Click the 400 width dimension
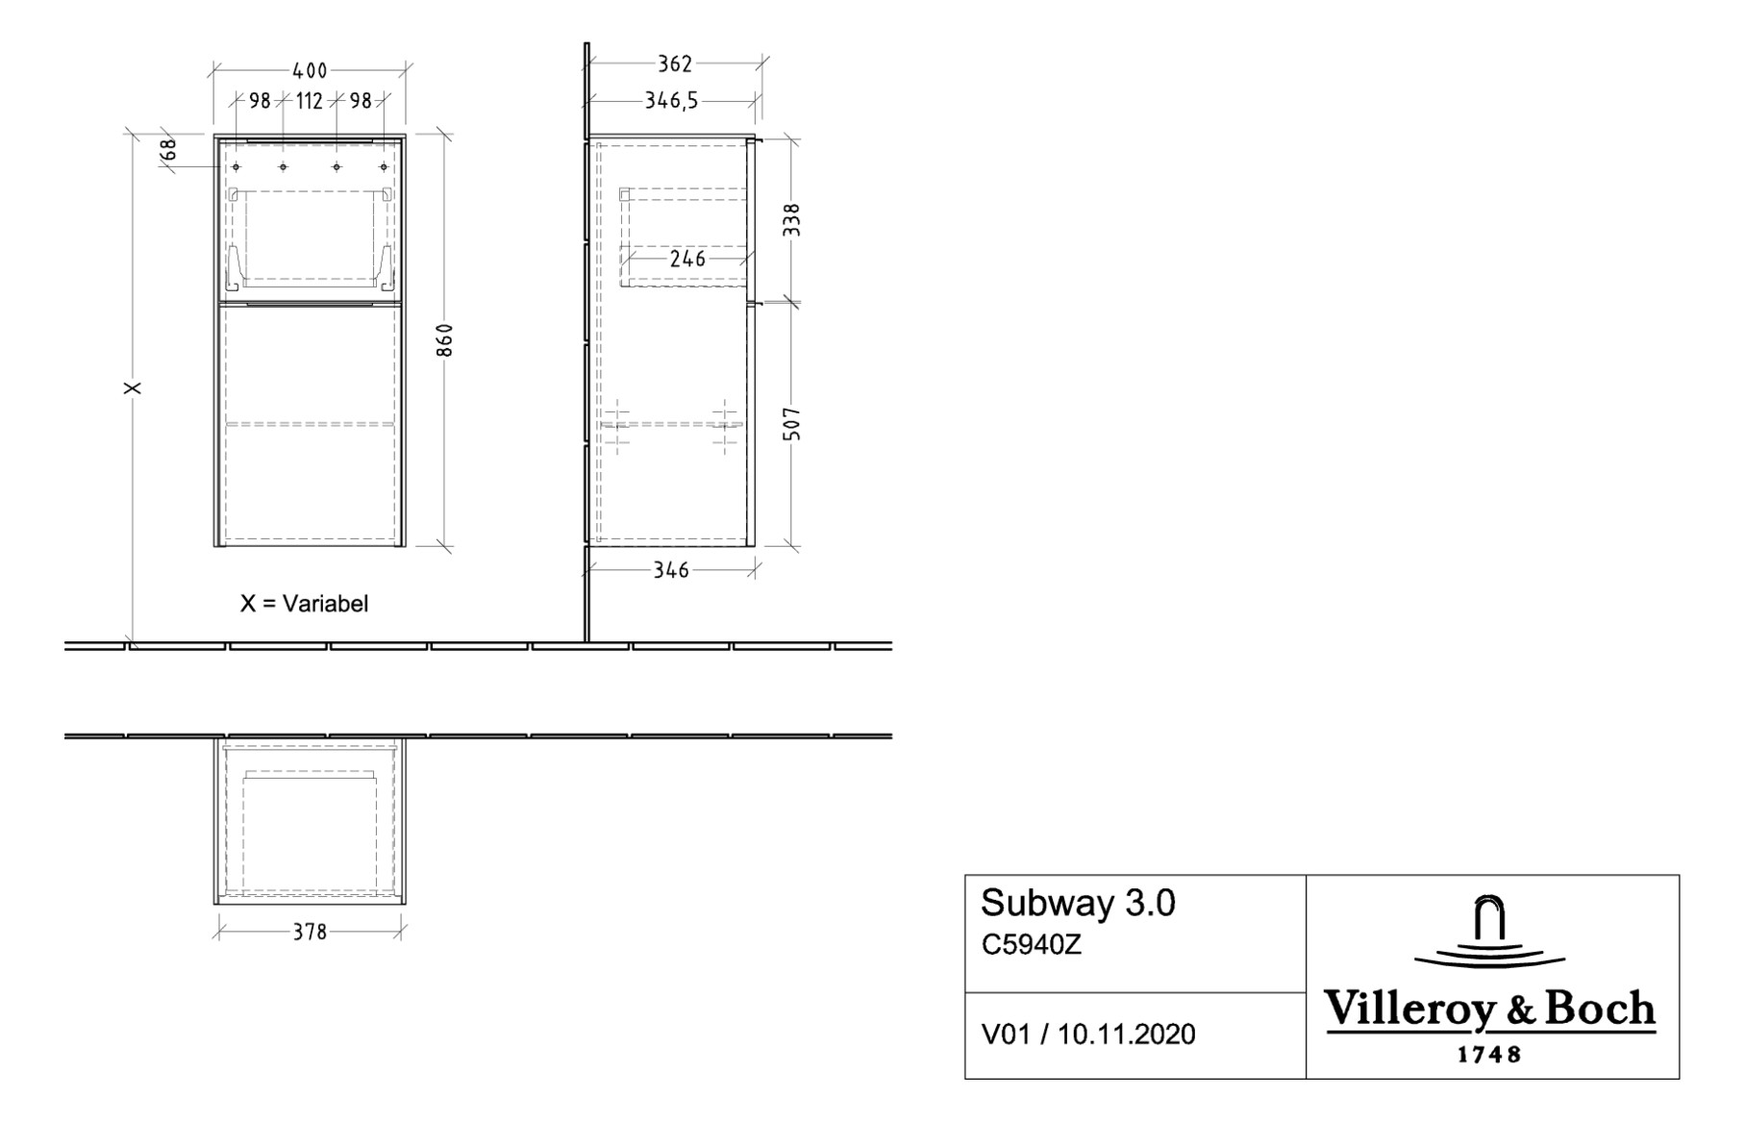tap(310, 70)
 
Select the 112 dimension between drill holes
tap(310, 101)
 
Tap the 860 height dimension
tap(444, 340)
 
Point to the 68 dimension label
tap(168, 150)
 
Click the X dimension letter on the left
tap(134, 387)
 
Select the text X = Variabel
tap(304, 604)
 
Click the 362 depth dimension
tap(674, 63)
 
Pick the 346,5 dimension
tap(671, 101)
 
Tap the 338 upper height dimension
tap(792, 220)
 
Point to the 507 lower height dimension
tap(792, 424)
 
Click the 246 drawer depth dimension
tap(687, 259)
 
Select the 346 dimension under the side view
tap(671, 570)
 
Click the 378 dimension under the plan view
tap(310, 932)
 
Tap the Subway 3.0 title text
tap(1078, 904)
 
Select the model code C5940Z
tap(1031, 945)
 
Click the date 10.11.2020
tap(1127, 1034)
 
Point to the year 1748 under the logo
tap(1489, 1055)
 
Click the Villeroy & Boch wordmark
tap(1489, 1009)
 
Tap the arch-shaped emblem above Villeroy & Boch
tap(1489, 920)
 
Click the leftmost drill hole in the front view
tap(236, 167)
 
